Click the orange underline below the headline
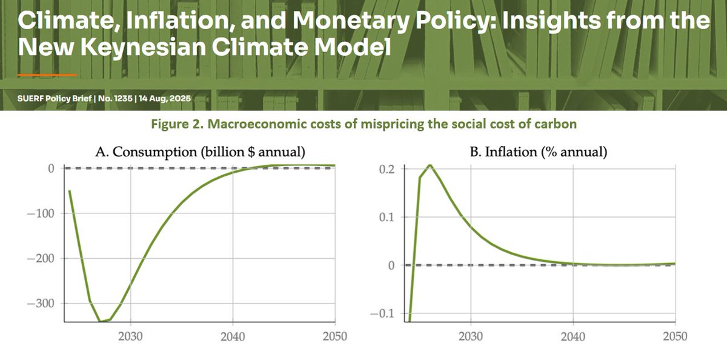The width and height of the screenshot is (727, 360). click(x=47, y=75)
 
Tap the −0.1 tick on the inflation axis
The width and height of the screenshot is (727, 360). click(x=386, y=313)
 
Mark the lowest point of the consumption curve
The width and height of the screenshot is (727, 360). click(x=101, y=322)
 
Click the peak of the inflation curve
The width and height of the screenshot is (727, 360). click(x=429, y=165)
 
